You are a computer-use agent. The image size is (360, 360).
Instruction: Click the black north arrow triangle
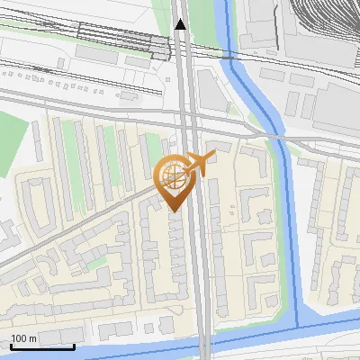pyautogui.click(x=181, y=24)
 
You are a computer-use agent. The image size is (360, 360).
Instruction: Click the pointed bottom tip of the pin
pyautogui.click(x=173, y=211)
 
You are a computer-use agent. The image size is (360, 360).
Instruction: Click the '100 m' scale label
pyautogui.click(x=24, y=338)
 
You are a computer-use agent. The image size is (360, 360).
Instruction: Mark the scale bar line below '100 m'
pyautogui.click(x=42, y=346)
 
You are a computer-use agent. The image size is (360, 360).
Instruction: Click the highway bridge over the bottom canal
pyautogui.click(x=205, y=344)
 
